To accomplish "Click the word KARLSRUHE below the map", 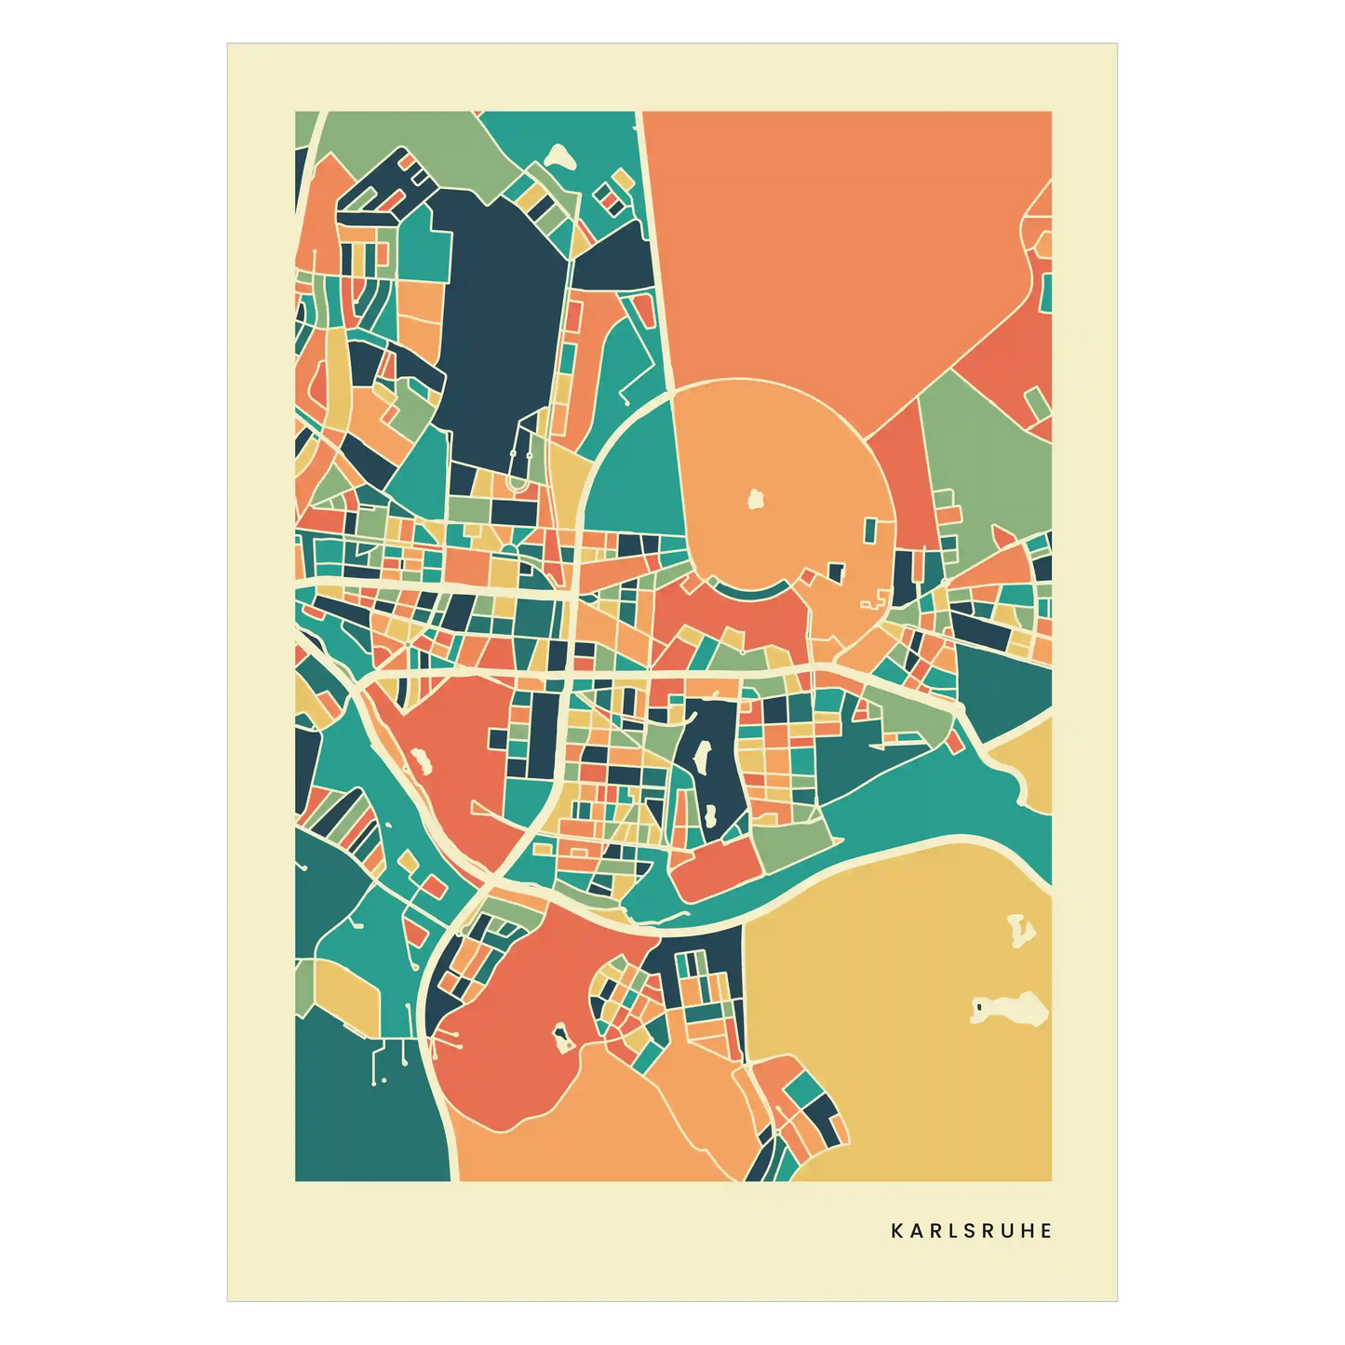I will (x=971, y=1231).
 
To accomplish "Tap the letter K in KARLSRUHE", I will (x=896, y=1231).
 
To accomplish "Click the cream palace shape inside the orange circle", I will (x=756, y=500).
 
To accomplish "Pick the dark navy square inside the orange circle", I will (x=836, y=572).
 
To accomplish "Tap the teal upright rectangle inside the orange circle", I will (x=870, y=531).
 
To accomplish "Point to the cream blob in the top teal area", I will (x=560, y=155).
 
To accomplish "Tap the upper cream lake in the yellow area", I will (x=1021, y=930).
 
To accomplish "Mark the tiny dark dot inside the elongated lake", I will (x=979, y=1006).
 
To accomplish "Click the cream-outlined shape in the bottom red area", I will (x=561, y=1036).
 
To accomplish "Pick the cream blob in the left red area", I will (x=421, y=763).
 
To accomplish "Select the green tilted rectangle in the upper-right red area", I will (x=1037, y=403).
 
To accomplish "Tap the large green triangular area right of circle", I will (x=987, y=465).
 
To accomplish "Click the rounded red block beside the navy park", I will (x=717, y=870).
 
